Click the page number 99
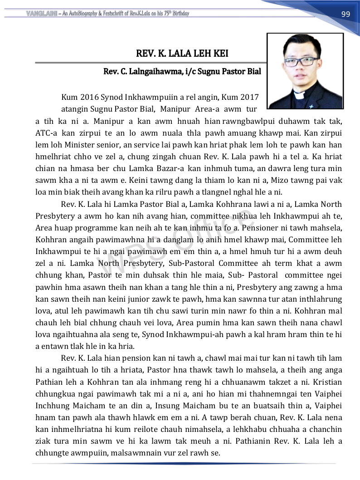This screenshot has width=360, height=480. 345,14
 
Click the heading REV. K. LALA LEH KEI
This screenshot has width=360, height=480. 182,54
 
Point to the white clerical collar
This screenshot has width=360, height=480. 299,96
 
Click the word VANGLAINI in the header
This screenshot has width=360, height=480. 40,14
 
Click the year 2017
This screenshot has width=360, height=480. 248,97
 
